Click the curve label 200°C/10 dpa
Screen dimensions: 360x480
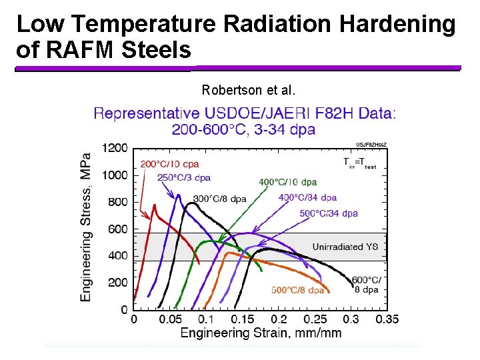click(169, 164)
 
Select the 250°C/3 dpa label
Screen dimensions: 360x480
click(184, 178)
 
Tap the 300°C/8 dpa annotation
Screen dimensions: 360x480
click(220, 199)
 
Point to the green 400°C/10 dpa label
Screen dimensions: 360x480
click(287, 181)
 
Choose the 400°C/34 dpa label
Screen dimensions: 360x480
click(307, 197)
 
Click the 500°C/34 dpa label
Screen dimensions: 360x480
click(329, 213)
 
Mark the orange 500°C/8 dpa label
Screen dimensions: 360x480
click(298, 290)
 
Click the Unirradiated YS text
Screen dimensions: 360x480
click(345, 247)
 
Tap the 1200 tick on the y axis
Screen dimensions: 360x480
click(115, 147)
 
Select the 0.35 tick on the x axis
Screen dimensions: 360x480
click(387, 319)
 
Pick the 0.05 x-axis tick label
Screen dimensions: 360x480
click(171, 319)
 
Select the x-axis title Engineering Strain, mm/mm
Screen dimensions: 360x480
click(261, 333)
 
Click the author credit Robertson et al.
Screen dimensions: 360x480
click(249, 90)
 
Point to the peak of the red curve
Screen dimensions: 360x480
click(154, 205)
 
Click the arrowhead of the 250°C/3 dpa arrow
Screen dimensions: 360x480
click(178, 197)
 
